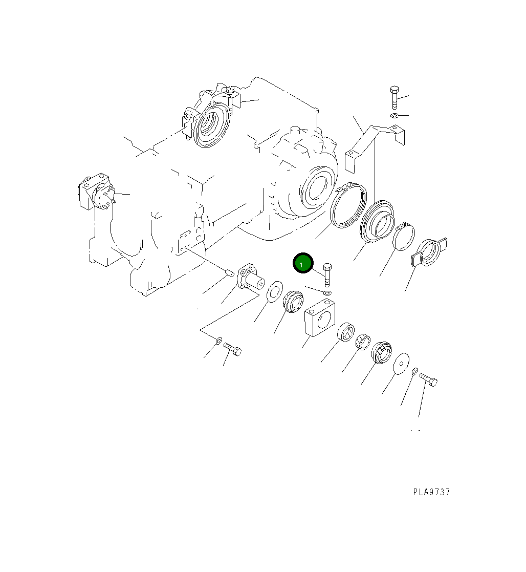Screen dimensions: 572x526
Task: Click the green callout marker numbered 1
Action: point(302,264)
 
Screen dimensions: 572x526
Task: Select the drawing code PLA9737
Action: point(432,492)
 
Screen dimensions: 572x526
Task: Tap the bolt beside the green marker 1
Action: point(327,274)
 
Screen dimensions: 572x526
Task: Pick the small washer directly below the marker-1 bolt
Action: point(327,293)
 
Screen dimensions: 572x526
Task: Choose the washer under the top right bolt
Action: point(393,116)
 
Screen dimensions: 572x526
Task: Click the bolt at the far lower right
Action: point(429,380)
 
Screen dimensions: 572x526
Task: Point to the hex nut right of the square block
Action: point(362,340)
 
